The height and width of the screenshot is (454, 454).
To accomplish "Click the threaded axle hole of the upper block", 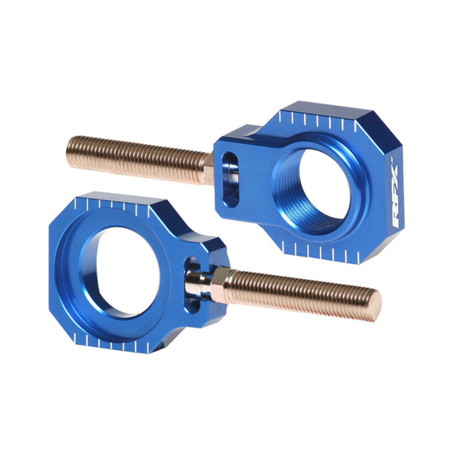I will [x=318, y=191].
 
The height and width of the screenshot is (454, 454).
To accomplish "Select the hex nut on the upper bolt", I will [x=208, y=168].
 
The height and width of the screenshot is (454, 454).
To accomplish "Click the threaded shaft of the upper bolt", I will [x=136, y=157].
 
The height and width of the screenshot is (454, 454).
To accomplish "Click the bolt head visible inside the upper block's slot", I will [x=233, y=178].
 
